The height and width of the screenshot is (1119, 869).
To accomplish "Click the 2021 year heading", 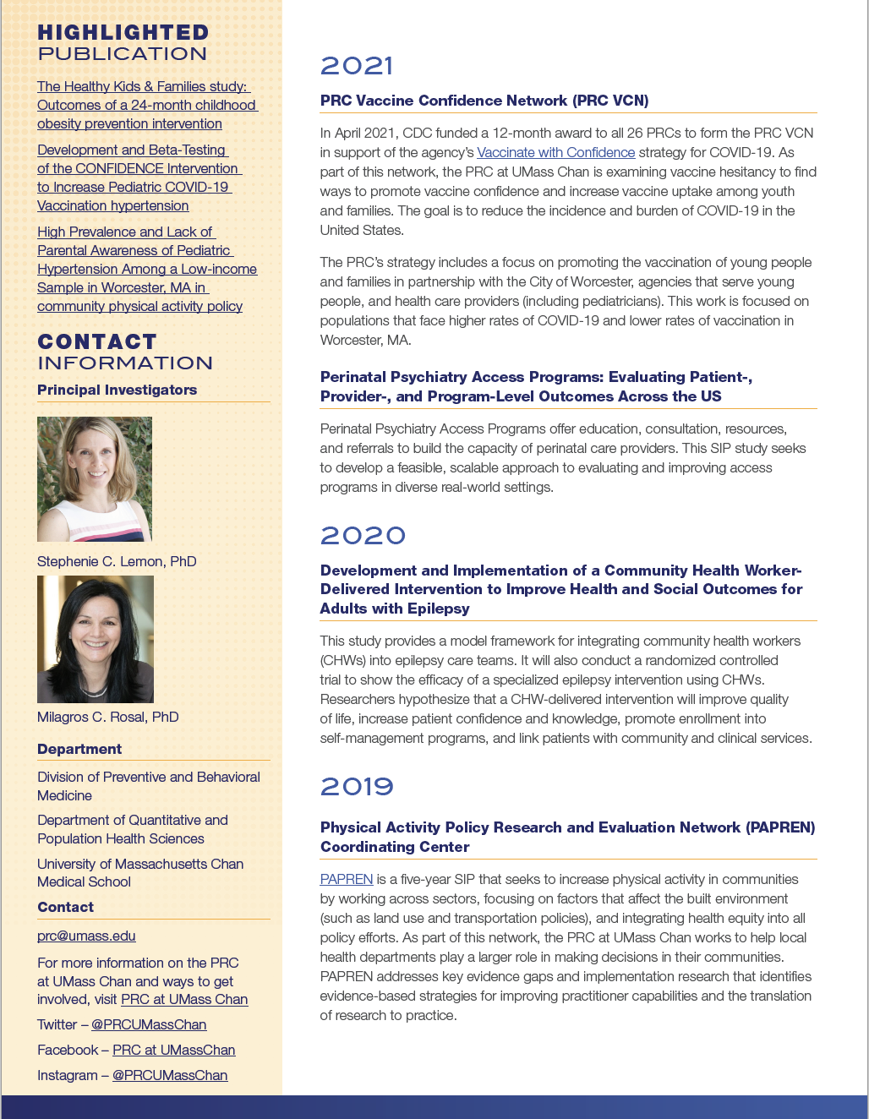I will click(x=357, y=66).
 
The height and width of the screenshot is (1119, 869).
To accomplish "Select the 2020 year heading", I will click(x=363, y=536).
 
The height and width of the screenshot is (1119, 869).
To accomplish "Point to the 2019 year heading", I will click(x=357, y=787).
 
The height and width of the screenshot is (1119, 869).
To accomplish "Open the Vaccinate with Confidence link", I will click(x=555, y=152).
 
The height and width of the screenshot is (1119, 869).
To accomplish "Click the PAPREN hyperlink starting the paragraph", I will click(x=346, y=879).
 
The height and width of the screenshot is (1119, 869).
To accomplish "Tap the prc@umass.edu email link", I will click(x=86, y=936).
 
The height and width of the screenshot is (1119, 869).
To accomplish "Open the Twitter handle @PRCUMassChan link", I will click(x=149, y=1024).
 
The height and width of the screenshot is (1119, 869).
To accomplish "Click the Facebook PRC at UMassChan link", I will click(x=173, y=1050).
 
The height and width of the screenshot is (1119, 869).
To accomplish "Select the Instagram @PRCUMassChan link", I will click(x=170, y=1075).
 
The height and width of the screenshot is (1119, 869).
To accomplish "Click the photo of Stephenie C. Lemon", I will click(x=95, y=479).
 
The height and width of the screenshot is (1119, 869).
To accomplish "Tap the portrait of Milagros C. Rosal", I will click(x=96, y=639).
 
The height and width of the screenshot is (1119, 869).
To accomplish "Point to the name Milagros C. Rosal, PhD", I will click(x=108, y=717).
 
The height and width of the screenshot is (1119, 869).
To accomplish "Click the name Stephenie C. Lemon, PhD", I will click(x=117, y=561).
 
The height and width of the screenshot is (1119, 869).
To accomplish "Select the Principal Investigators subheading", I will click(x=117, y=390).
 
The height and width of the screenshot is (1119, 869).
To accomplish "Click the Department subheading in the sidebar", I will click(x=79, y=749).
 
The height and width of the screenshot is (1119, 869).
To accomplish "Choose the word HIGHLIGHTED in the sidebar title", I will click(x=123, y=33).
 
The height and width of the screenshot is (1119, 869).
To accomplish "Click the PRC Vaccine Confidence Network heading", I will click(x=484, y=101).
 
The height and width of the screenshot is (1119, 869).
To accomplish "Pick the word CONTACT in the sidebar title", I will click(x=97, y=341).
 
